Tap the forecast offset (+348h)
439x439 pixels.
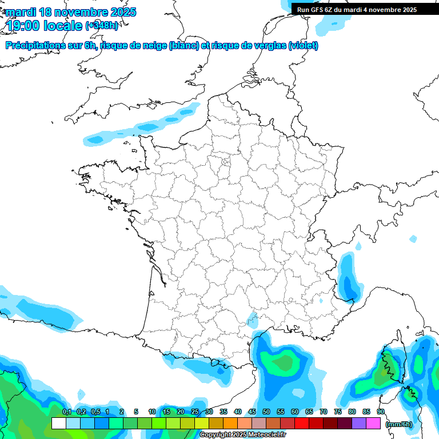102,26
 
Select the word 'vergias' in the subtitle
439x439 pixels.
271,46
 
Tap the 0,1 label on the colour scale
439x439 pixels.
66,412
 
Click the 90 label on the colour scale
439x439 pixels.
380,412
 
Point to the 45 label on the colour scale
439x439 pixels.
252,412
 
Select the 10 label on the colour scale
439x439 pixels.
152,412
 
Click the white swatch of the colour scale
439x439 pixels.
58,423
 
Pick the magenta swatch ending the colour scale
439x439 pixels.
373,423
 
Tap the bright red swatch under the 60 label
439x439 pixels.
302,423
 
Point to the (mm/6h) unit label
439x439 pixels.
399,424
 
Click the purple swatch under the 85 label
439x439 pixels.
359,423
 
